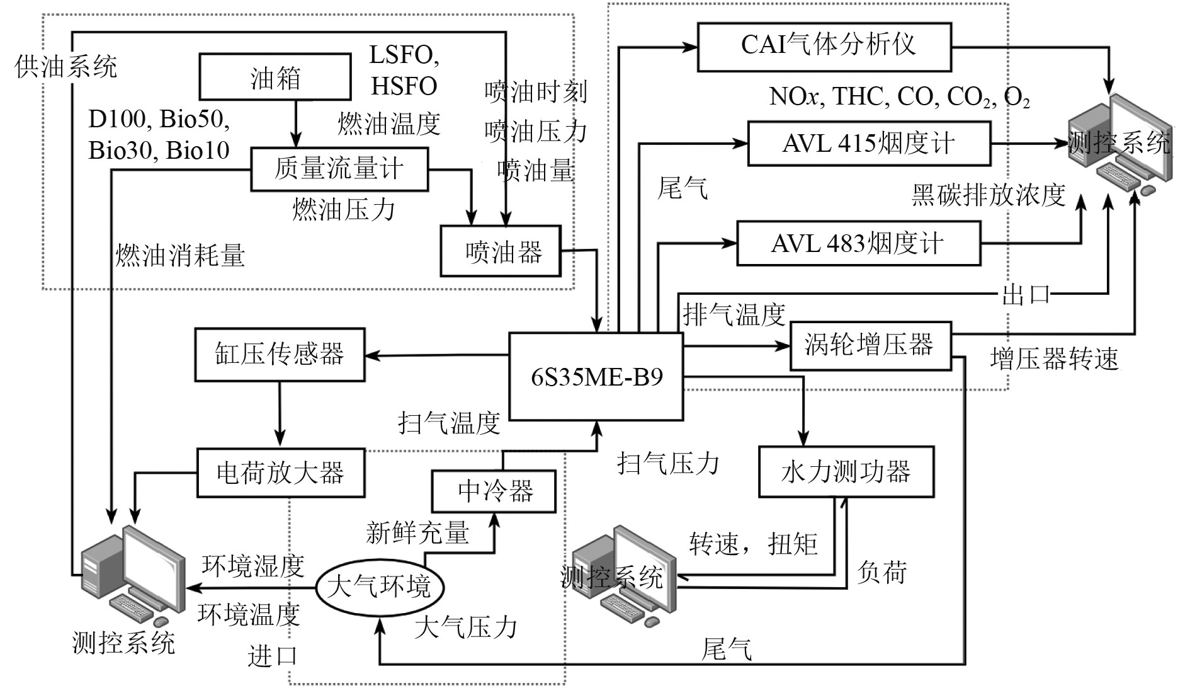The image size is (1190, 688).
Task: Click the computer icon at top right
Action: pyautogui.click(x=1125, y=144)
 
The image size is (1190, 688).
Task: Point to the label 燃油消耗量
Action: pyautogui.click(x=180, y=256)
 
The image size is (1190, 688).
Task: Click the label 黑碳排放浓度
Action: pyautogui.click(x=989, y=195)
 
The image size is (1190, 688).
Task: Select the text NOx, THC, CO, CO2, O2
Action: pyautogui.click(x=899, y=97)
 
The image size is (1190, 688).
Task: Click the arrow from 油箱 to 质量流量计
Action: pyautogui.click(x=296, y=123)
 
